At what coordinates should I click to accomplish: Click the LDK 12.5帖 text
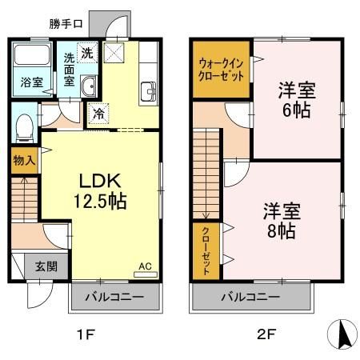pyautogui.click(x=99, y=191)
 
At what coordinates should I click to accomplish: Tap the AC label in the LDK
pyautogui.click(x=145, y=266)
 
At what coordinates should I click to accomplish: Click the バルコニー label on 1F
pyautogui.click(x=114, y=298)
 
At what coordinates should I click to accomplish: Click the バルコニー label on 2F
pyautogui.click(x=250, y=298)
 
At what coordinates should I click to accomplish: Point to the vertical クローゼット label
pyautogui.click(x=206, y=250)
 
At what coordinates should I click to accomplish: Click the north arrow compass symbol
pyautogui.click(x=343, y=334)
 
